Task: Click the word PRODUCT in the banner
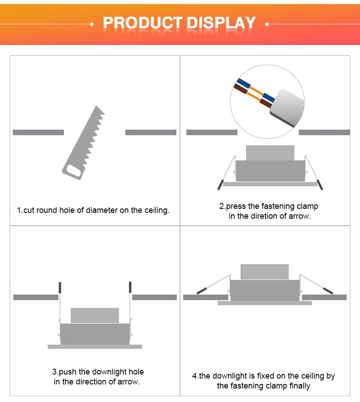[x=143, y=23]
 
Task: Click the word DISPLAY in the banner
[x=221, y=23]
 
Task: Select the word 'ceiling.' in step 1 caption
[x=157, y=210]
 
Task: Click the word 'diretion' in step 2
[x=265, y=216]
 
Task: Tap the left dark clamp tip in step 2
[x=220, y=185]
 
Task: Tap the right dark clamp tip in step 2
[x=320, y=185]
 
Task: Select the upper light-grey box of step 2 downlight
[x=270, y=153]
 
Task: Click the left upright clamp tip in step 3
[x=60, y=288]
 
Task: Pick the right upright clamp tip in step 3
[x=130, y=287]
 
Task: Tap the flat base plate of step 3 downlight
[x=95, y=347]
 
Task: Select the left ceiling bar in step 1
[x=38, y=132]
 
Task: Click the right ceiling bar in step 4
[x=324, y=298]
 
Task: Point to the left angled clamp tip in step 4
[x=202, y=291]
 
